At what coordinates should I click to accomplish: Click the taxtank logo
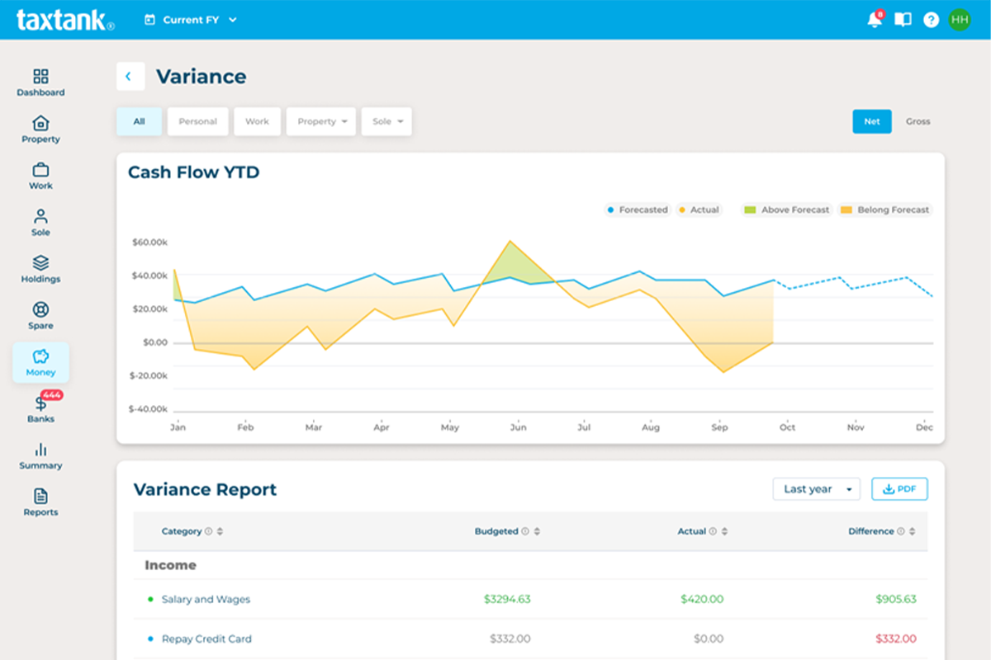click(x=64, y=20)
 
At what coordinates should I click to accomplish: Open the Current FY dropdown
click(x=191, y=20)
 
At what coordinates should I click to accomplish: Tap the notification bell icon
click(x=875, y=20)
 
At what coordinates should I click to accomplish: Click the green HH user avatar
click(x=959, y=20)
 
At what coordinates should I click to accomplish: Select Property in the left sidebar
click(x=40, y=130)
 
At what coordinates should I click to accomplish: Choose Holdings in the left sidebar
click(x=40, y=269)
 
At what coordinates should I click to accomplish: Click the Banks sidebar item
click(x=40, y=409)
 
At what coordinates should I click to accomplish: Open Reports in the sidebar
click(x=40, y=502)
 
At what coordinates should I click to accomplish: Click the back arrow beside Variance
click(x=130, y=76)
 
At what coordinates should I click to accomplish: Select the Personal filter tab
click(x=197, y=121)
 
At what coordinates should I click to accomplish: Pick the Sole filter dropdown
click(x=386, y=121)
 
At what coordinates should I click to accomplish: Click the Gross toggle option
click(x=918, y=121)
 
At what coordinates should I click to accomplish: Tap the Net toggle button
click(x=872, y=121)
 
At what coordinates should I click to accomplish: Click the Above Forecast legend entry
click(x=787, y=210)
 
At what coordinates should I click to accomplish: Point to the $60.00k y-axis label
click(x=149, y=243)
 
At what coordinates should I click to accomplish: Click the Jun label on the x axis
click(x=518, y=427)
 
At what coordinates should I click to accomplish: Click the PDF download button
click(x=899, y=489)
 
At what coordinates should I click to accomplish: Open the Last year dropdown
click(x=816, y=489)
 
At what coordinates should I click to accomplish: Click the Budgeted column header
click(x=496, y=531)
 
